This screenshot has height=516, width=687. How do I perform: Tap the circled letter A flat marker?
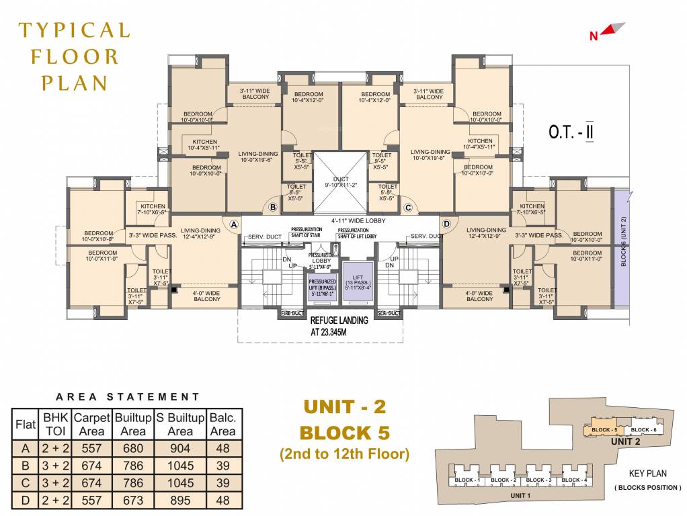point(234,224)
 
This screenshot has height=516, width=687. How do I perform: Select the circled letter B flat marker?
point(273,208)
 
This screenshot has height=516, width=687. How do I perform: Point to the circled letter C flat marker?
point(408,208)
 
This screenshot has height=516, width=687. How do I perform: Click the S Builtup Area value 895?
point(180,501)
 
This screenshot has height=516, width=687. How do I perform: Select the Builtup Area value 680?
point(132,449)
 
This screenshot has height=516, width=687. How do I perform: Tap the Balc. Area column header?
point(223,424)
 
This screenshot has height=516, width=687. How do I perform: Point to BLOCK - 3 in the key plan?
point(537,480)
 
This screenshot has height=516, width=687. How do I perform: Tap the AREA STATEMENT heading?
point(128,397)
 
